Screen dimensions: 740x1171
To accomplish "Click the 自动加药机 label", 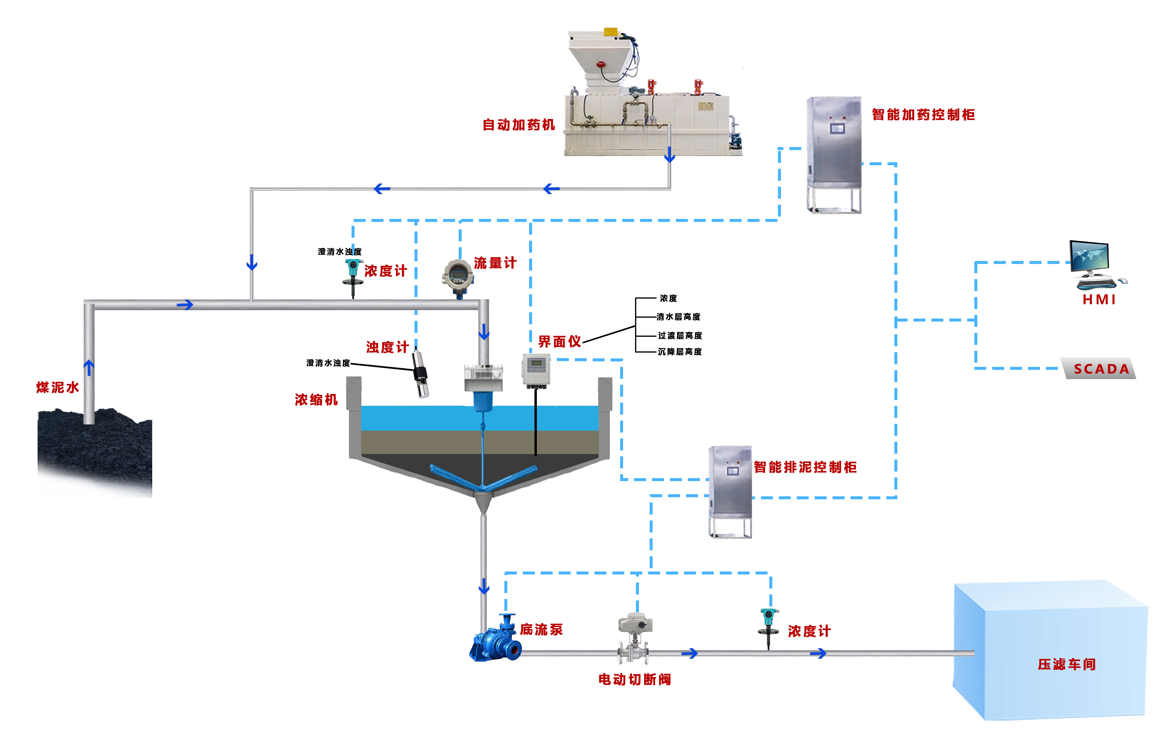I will click(518, 125).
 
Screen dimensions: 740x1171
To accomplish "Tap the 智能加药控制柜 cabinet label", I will click(923, 115).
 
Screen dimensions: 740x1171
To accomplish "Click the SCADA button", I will click(1101, 369).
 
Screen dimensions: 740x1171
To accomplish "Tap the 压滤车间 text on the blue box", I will click(1067, 664).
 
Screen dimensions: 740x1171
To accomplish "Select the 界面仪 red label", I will click(559, 342).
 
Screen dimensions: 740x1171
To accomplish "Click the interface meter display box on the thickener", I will click(536, 370).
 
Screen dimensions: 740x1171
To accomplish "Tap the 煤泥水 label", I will click(57, 387).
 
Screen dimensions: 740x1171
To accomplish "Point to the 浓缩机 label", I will click(316, 400).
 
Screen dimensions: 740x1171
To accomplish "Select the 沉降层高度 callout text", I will click(680, 352).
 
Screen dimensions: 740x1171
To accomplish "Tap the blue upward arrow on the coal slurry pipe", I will click(89, 367).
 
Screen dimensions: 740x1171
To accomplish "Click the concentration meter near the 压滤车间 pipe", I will click(768, 625).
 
